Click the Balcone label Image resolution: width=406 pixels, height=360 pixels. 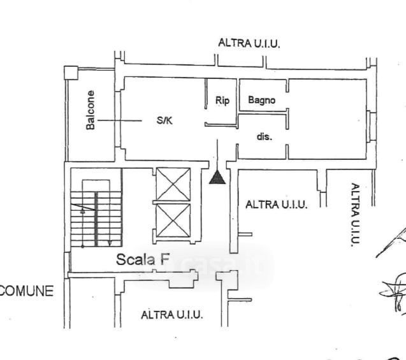[x=91, y=110]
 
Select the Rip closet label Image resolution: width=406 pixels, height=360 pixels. [x=222, y=100]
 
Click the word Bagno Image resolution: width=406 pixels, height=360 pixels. [x=262, y=100]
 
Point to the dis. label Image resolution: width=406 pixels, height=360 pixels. [x=265, y=137]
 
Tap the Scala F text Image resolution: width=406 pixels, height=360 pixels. [x=143, y=259]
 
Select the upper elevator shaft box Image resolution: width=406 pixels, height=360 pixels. [x=173, y=184]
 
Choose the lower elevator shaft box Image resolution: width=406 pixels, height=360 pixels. [x=173, y=220]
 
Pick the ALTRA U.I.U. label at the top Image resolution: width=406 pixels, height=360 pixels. [x=249, y=44]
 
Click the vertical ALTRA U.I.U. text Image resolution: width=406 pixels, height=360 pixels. [x=354, y=214]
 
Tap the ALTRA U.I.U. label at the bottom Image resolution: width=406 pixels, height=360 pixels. [x=171, y=315]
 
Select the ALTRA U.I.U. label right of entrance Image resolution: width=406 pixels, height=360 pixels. [x=277, y=205]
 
